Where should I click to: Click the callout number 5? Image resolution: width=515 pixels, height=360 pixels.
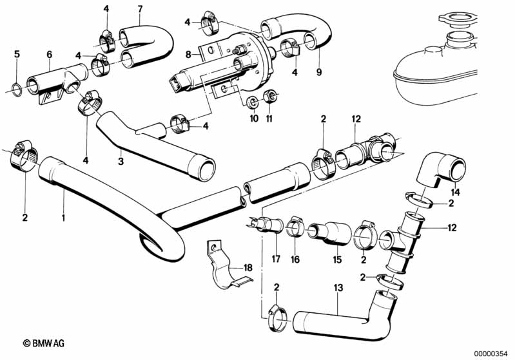[17, 54]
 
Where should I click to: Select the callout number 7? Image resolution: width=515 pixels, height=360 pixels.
[141, 9]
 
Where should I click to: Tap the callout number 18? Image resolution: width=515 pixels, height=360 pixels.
[248, 268]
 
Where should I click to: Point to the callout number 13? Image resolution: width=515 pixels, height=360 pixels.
[338, 288]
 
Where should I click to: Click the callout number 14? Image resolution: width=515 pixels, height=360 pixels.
[455, 193]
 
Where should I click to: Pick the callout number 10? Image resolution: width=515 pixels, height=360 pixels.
[254, 118]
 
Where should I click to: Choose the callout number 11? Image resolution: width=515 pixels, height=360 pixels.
[269, 118]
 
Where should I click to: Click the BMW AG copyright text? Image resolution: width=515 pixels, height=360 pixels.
[44, 344]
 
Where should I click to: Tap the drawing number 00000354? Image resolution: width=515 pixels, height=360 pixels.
[493, 353]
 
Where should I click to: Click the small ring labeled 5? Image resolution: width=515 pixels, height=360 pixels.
[17, 90]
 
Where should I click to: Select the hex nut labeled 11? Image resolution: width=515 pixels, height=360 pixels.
[270, 96]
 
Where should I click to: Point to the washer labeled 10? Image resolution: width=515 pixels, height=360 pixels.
[253, 102]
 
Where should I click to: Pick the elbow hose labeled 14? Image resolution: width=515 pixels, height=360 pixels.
[442, 171]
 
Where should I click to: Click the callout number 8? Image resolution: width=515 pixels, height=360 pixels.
[188, 55]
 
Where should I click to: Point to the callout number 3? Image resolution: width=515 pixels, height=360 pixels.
[121, 162]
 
